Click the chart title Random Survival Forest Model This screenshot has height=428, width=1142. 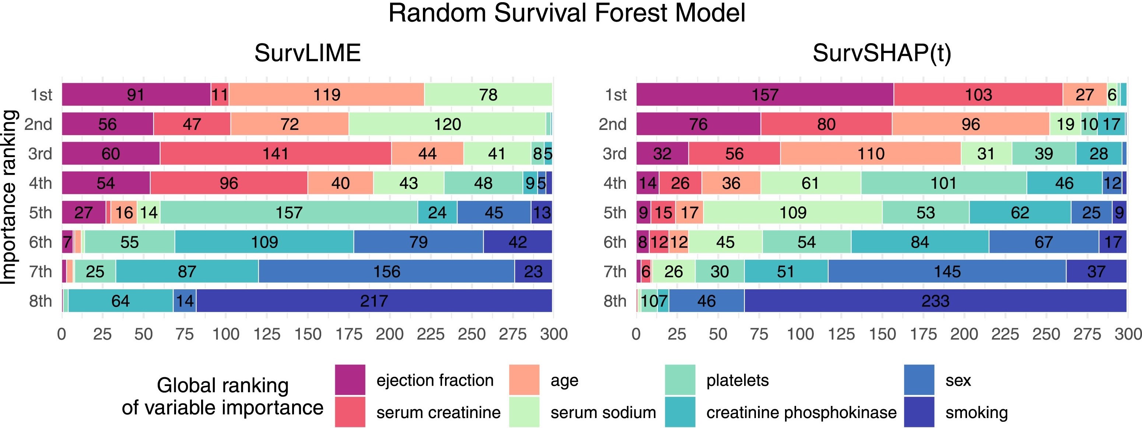(567, 13)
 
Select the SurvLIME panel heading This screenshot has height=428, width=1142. (307, 53)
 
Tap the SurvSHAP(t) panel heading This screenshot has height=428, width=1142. (881, 53)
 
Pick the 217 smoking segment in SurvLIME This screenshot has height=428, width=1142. (374, 301)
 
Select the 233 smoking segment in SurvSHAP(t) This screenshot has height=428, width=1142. (935, 301)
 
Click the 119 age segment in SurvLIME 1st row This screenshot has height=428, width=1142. (327, 94)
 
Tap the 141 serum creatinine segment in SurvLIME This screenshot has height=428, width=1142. (275, 154)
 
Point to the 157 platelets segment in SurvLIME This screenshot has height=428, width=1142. (288, 213)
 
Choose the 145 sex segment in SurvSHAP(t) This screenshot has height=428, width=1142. (947, 271)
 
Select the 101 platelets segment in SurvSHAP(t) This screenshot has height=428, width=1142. (943, 183)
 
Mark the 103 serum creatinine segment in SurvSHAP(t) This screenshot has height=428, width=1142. (978, 94)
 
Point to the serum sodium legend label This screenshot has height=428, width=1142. (603, 413)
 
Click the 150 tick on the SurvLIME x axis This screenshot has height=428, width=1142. (308, 334)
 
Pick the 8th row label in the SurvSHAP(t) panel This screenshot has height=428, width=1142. (614, 301)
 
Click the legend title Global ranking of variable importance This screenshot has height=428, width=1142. (223, 396)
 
